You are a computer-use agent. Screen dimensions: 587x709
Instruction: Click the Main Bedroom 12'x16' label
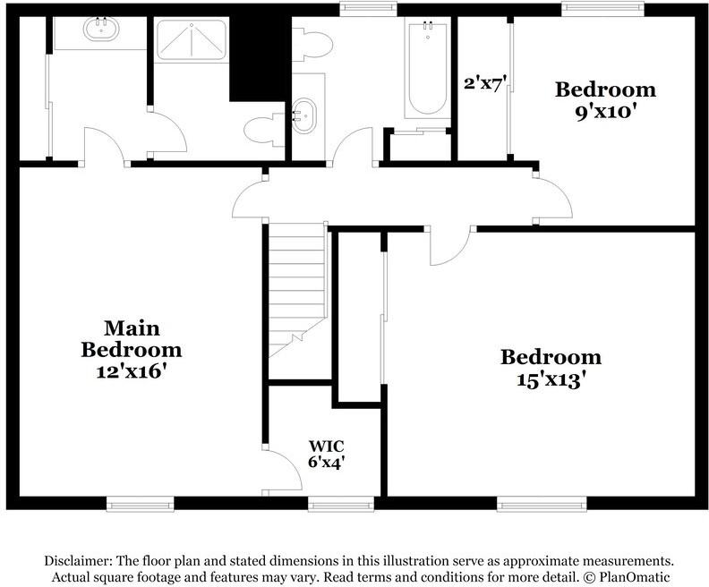(x=131, y=349)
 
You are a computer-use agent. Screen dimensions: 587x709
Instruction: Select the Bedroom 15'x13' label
(x=550, y=367)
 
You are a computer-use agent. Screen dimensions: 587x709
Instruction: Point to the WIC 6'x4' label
(x=327, y=454)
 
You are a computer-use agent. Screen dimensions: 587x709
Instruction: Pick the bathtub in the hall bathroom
(x=426, y=68)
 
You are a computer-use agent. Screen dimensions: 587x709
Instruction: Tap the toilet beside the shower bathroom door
(x=263, y=130)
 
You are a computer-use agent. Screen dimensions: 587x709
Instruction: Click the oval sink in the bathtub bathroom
(x=304, y=116)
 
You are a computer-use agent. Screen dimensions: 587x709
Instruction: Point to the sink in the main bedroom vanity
(x=101, y=29)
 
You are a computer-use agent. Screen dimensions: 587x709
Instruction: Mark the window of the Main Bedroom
(x=140, y=504)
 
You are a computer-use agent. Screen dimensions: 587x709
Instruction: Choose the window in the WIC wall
(x=340, y=504)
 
